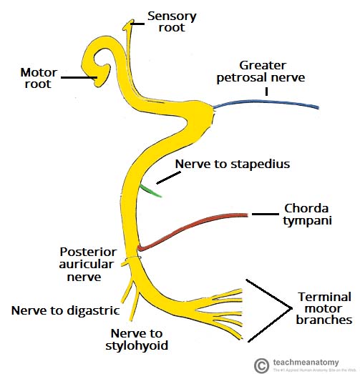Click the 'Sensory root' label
point(172,22)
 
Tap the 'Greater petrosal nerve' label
point(264,71)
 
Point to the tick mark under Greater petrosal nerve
point(266,91)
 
